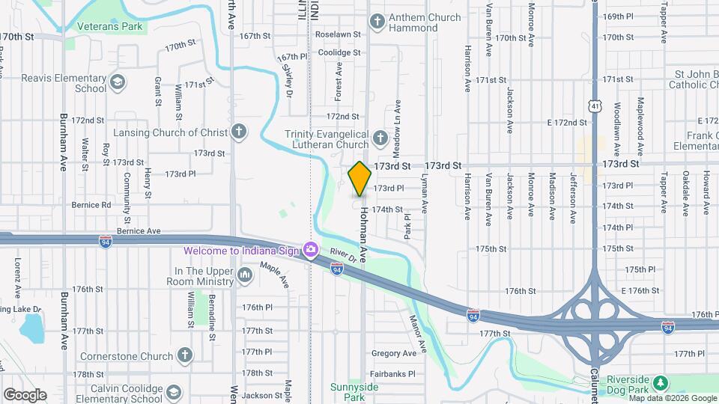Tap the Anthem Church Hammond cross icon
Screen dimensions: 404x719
click(378, 22)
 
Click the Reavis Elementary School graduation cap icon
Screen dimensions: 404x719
click(118, 82)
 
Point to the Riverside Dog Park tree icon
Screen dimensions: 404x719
click(660, 383)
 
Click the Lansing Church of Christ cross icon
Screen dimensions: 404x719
click(239, 132)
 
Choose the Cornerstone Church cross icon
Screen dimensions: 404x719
click(185, 355)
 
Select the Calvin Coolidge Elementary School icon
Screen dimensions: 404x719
click(174, 391)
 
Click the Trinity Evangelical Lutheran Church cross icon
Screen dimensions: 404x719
click(380, 138)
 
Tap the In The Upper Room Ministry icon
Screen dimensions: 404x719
click(245, 276)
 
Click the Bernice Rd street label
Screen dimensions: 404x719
click(91, 204)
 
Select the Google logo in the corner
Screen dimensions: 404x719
click(25, 394)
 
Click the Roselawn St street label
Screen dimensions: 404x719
click(338, 34)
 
